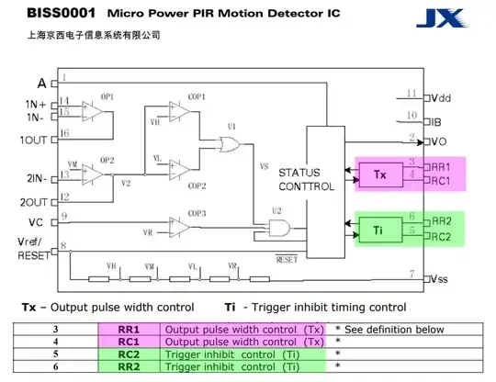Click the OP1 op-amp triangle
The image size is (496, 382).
click(91, 110)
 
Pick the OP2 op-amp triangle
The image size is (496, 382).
click(91, 171)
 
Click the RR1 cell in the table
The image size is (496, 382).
click(130, 329)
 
